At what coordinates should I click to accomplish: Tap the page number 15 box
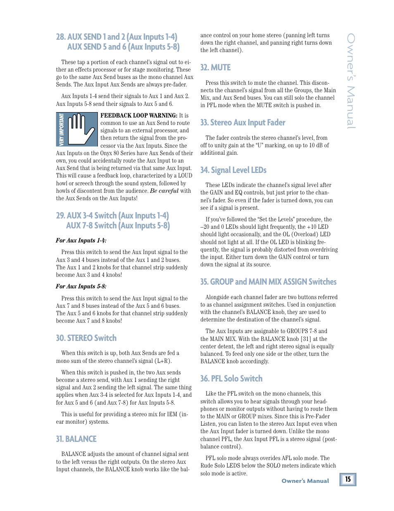pyautogui.click(x=348, y=479)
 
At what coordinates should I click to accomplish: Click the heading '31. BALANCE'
pyautogui.click(x=76, y=439)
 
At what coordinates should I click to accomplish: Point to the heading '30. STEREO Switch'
pyautogui.click(x=86, y=338)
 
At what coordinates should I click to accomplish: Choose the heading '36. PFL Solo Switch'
pyautogui.click(x=231, y=379)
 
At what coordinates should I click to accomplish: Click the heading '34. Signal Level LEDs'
pyautogui.click(x=233, y=170)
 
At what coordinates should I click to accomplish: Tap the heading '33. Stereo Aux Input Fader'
pyautogui.click(x=242, y=122)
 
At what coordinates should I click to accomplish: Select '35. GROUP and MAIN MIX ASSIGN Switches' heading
pyautogui.click(x=268, y=282)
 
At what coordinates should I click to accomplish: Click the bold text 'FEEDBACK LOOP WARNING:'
pyautogui.click(x=139, y=115)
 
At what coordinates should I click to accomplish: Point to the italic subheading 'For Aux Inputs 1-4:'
pyautogui.click(x=81, y=240)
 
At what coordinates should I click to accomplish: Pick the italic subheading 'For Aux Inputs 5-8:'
pyautogui.click(x=81, y=286)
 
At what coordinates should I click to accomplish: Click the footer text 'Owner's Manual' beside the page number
pyautogui.click(x=305, y=481)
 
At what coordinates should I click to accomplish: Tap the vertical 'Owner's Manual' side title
pyautogui.click(x=351, y=81)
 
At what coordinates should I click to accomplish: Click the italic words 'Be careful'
pyautogui.click(x=164, y=191)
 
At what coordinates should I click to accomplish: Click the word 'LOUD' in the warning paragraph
pyautogui.click(x=185, y=175)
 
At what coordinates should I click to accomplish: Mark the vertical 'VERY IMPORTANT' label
pyautogui.click(x=62, y=129)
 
